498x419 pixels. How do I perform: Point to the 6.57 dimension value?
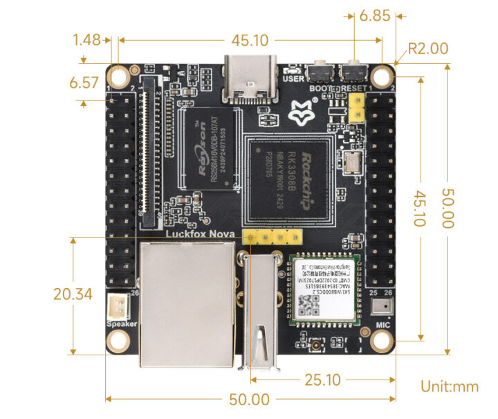pyautogui.click(x=84, y=84)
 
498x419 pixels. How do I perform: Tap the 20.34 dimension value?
pyautogui.click(x=73, y=294)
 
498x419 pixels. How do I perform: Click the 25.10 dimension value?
pyautogui.click(x=322, y=380)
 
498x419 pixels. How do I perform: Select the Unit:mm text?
pyautogui.click(x=450, y=386)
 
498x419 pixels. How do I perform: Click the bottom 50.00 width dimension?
pyautogui.click(x=250, y=399)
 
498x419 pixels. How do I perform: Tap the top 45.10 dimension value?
pyautogui.click(x=250, y=40)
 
